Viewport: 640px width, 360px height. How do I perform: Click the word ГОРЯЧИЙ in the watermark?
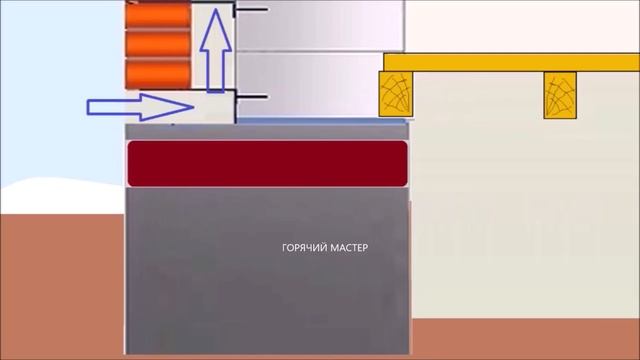(304, 248)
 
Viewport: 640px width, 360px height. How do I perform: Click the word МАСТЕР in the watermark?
(349, 248)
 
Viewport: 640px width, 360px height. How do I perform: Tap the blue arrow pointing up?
(216, 51)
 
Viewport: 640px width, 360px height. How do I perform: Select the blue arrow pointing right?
(140, 107)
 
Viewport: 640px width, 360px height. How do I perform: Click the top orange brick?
(158, 15)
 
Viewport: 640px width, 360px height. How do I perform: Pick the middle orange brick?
(158, 44)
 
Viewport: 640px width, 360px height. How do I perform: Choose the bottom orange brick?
(158, 74)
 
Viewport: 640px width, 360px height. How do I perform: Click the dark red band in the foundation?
(267, 164)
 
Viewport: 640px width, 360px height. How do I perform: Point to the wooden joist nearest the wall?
(396, 94)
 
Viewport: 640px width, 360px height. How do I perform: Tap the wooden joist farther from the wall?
(560, 96)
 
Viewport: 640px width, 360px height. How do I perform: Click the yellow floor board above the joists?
(511, 62)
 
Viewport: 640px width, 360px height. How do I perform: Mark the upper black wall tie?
(250, 9)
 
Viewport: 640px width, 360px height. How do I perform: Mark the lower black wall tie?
(250, 97)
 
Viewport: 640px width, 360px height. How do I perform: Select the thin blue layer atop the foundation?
(322, 121)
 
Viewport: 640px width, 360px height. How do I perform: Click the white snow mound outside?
(62, 196)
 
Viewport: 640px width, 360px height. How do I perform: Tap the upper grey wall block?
(321, 25)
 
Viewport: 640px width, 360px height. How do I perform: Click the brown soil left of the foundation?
(62, 286)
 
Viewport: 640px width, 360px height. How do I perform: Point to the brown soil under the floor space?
(525, 338)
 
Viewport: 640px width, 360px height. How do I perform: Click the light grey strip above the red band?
(267, 132)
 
